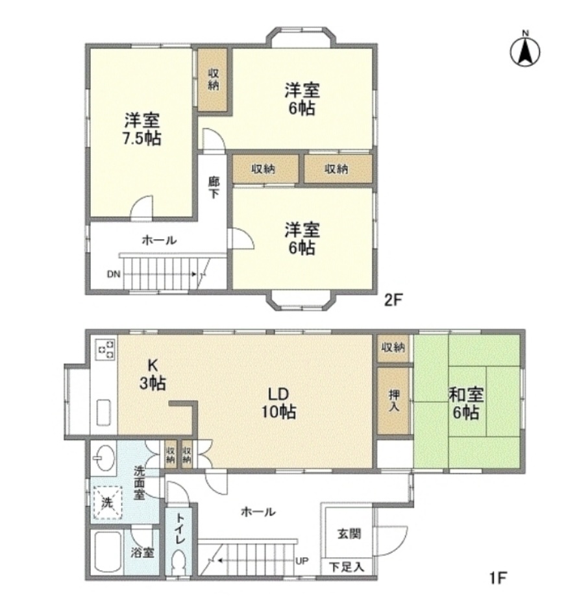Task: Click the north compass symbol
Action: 525,50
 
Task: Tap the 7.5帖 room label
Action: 142,130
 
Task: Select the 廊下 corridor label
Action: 214,187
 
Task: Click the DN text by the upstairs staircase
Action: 114,274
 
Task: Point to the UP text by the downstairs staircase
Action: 301,561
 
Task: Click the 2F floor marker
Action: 393,300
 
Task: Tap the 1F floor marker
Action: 498,578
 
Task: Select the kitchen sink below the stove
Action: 104,412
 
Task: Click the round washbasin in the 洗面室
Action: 104,457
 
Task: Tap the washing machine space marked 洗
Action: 106,503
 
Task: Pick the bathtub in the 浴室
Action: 108,552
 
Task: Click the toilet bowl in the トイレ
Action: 179,562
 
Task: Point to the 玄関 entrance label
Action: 349,534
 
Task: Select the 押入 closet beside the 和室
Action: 394,400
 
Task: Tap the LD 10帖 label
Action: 279,403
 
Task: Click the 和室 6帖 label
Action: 466,404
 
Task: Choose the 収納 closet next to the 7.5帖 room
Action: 213,79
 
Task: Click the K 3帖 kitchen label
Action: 153,374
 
